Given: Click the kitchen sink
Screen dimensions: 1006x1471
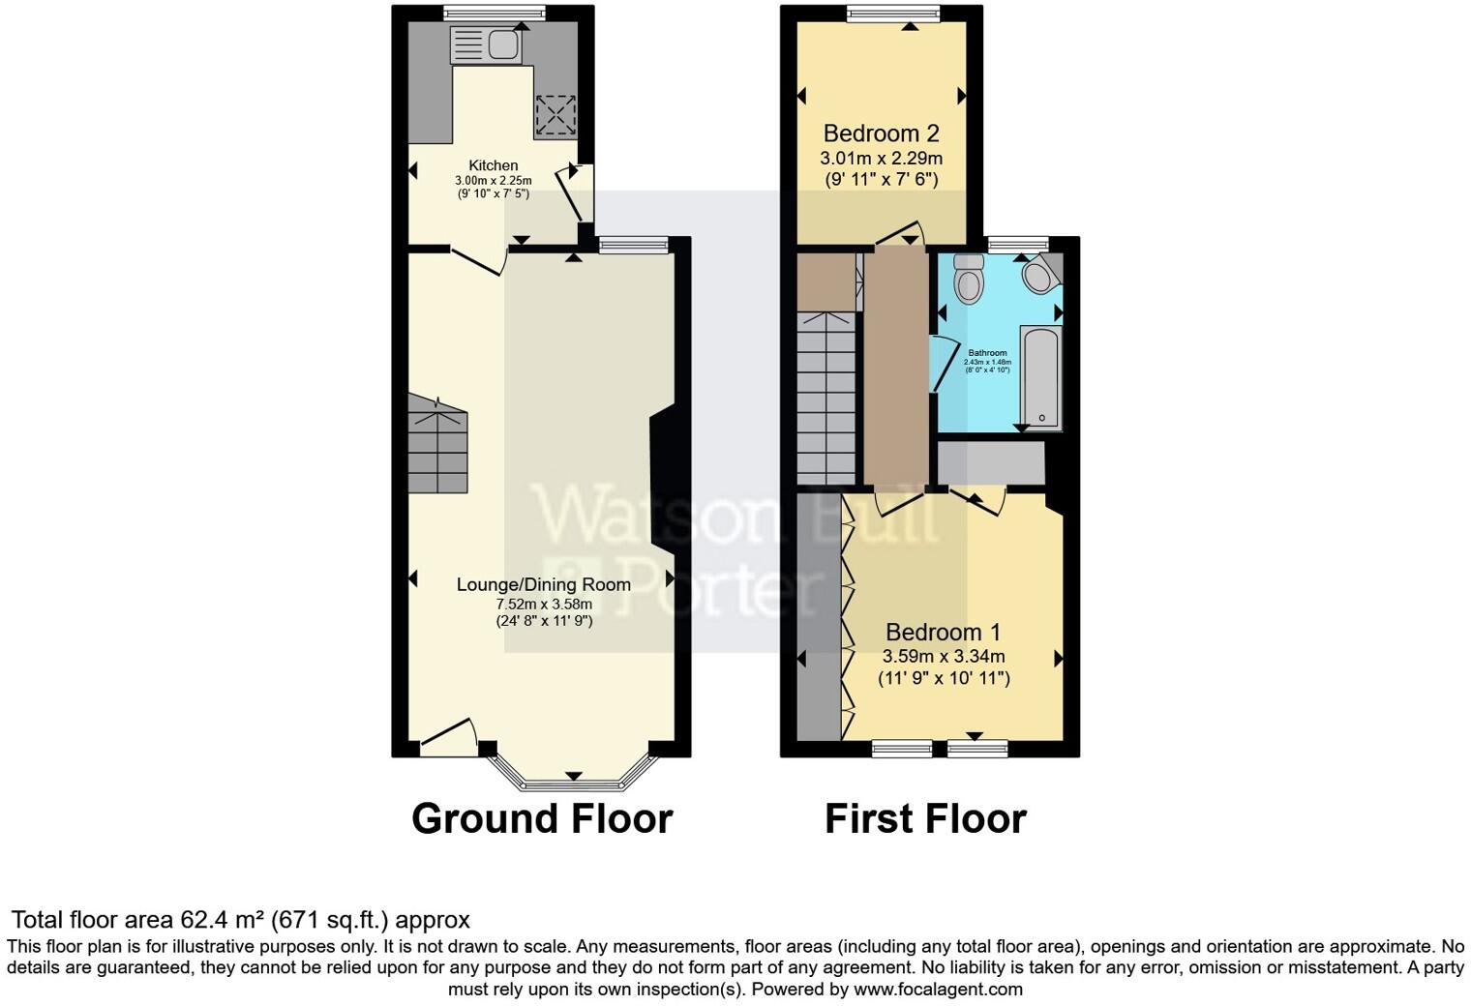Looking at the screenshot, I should (487, 45).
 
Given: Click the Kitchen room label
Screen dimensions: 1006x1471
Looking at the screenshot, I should (494, 165).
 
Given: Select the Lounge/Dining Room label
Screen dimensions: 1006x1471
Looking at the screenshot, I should (543, 584).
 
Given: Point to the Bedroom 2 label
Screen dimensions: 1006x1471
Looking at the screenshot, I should (881, 133).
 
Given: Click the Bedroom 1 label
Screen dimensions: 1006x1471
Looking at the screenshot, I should (944, 633).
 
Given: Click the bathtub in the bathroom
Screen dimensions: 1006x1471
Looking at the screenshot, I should (1041, 378).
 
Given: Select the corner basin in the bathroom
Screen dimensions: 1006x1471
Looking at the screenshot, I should (1040, 275).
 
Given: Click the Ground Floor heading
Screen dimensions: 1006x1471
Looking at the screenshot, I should (542, 818).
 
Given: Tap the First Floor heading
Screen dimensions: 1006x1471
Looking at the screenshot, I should (925, 818).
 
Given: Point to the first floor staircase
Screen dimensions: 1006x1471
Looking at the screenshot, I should (826, 397).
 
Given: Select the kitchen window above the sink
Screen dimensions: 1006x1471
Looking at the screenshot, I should (494, 14).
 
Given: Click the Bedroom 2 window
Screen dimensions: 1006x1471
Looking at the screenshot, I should (893, 14).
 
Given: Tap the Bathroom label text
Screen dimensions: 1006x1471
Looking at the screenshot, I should (987, 353).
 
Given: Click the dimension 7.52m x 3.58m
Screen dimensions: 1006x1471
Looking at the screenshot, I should (543, 604).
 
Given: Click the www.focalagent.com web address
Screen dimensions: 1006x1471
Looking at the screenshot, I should (938, 989).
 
